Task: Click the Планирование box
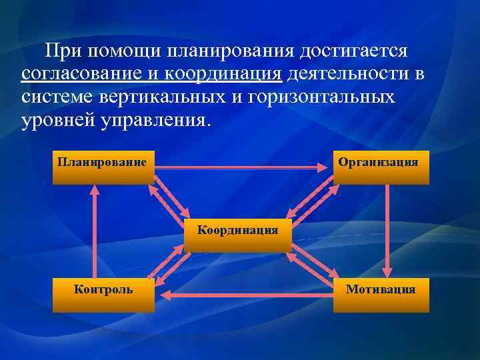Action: click(103, 167)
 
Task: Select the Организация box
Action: click(381, 167)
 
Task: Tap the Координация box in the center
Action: click(237, 235)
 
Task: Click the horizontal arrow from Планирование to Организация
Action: click(243, 167)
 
